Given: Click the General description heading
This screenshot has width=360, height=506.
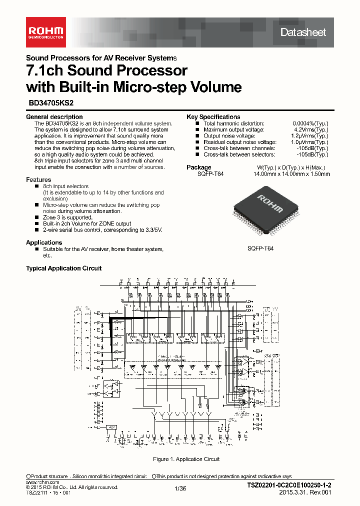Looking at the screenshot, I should point(54,117).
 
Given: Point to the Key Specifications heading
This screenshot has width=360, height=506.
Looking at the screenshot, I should point(213,117).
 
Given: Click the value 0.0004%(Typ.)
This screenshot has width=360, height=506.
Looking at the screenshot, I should point(310,123).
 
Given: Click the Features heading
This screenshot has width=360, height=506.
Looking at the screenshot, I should point(38,179).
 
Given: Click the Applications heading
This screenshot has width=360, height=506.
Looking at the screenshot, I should point(44,242).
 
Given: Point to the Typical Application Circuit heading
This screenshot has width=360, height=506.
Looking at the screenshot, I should point(63,268).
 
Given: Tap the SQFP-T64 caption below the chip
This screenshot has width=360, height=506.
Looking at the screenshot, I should point(260,248).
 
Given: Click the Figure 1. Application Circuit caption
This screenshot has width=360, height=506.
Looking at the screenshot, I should point(185,459).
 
